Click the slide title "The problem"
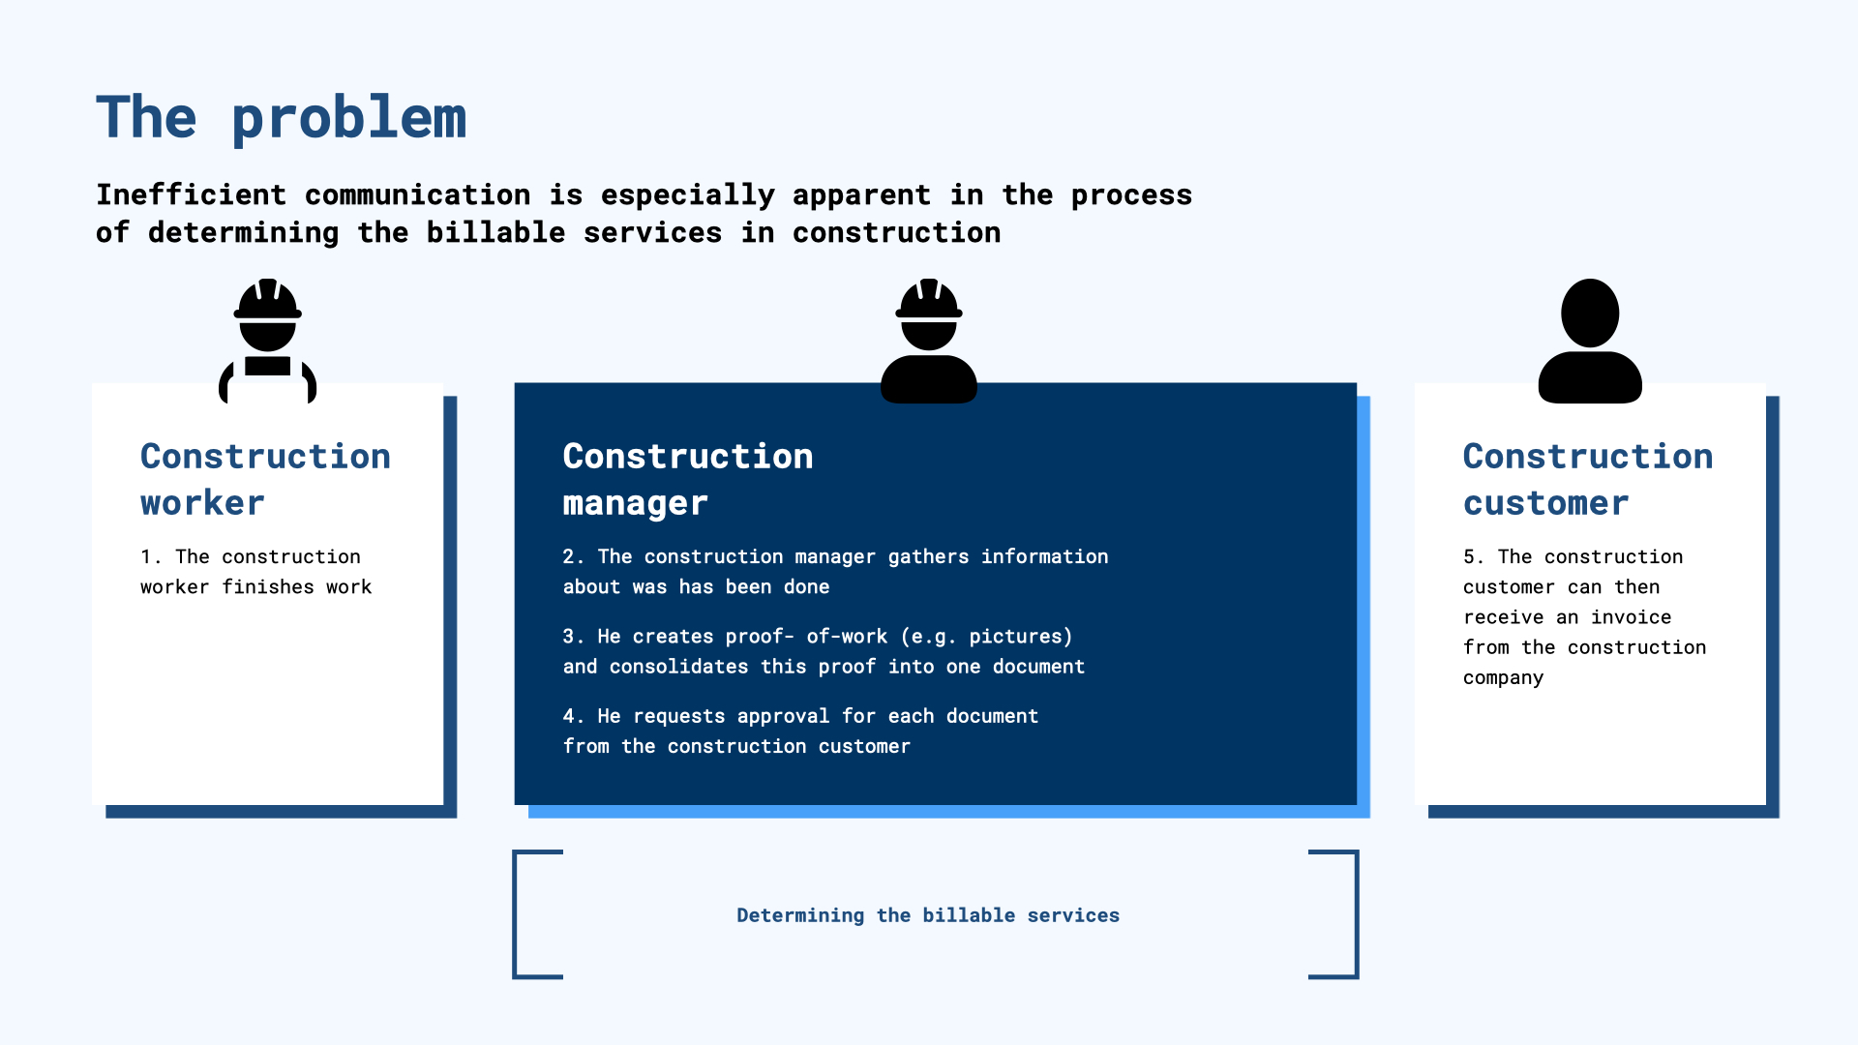click(x=281, y=119)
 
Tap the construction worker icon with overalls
click(x=268, y=341)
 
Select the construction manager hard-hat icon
click(x=929, y=341)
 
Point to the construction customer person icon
click(x=1590, y=341)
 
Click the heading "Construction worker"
click(x=265, y=479)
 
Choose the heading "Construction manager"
click(x=688, y=479)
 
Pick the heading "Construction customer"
click(x=1588, y=479)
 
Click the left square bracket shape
click(x=516, y=914)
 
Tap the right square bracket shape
click(x=1356, y=914)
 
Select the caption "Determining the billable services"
click(x=928, y=915)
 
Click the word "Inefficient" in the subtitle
click(x=191, y=194)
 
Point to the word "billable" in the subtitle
click(x=495, y=232)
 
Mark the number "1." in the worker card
click(x=151, y=556)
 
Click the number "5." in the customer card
click(x=1474, y=556)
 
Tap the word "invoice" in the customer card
click(x=1631, y=617)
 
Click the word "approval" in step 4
click(x=783, y=717)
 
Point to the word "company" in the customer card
click(x=1503, y=678)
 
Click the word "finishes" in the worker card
click(x=268, y=586)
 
